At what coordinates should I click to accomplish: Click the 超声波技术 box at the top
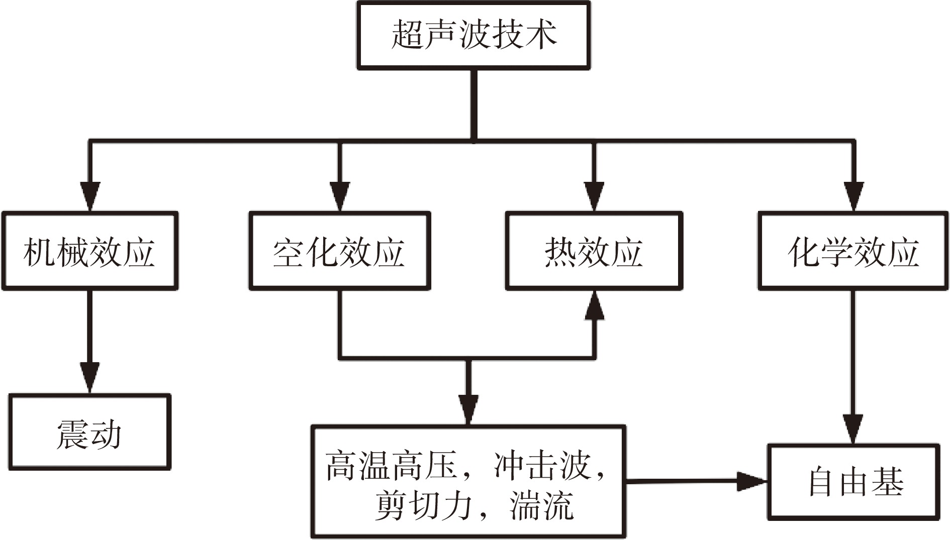[473, 35]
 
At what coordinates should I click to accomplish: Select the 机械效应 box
[90, 251]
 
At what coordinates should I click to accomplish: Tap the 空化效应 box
[340, 251]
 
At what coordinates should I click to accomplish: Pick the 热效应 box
[594, 251]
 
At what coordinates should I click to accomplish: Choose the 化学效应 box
[853, 251]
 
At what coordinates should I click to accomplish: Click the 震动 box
[89, 433]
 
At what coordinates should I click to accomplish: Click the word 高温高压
[391, 466]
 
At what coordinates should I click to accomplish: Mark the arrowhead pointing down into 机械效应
[90, 197]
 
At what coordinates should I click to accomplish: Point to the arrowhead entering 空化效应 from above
[340, 197]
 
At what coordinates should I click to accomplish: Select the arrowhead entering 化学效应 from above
[853, 197]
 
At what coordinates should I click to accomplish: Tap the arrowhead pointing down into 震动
[89, 378]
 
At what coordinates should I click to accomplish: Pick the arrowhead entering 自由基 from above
[853, 429]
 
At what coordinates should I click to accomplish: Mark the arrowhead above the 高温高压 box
[468, 409]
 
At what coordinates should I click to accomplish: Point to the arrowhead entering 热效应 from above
[594, 197]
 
